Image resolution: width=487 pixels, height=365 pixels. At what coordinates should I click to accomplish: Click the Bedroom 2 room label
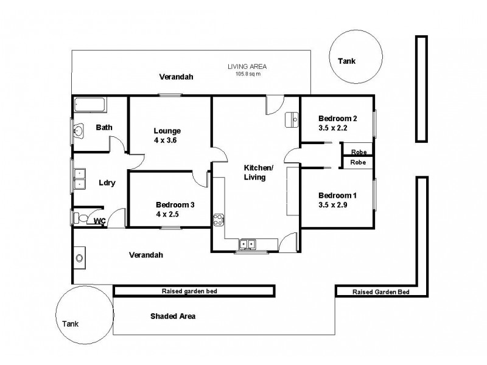337,118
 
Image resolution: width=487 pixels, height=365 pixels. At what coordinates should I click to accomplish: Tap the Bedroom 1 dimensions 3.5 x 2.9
337,204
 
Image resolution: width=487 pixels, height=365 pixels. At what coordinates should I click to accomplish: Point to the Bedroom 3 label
175,205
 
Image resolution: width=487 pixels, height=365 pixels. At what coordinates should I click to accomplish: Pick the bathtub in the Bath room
90,105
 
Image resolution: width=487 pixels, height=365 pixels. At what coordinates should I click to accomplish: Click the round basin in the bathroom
80,131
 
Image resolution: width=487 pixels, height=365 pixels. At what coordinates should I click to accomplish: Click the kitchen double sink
247,244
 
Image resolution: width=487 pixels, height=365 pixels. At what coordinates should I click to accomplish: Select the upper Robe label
358,151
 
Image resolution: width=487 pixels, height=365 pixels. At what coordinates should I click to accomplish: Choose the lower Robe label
358,162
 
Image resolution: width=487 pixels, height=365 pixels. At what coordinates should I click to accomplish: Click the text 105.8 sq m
248,74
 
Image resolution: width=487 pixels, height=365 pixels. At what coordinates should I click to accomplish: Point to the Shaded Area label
173,316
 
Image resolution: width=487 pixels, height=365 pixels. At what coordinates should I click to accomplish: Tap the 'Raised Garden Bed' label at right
380,292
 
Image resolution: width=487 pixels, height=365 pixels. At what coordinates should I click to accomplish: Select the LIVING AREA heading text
247,66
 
